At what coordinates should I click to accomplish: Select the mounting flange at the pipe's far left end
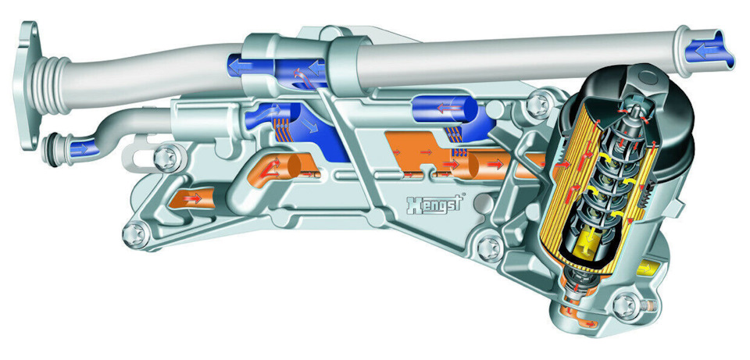[28, 84]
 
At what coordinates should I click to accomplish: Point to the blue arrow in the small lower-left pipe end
[79, 149]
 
